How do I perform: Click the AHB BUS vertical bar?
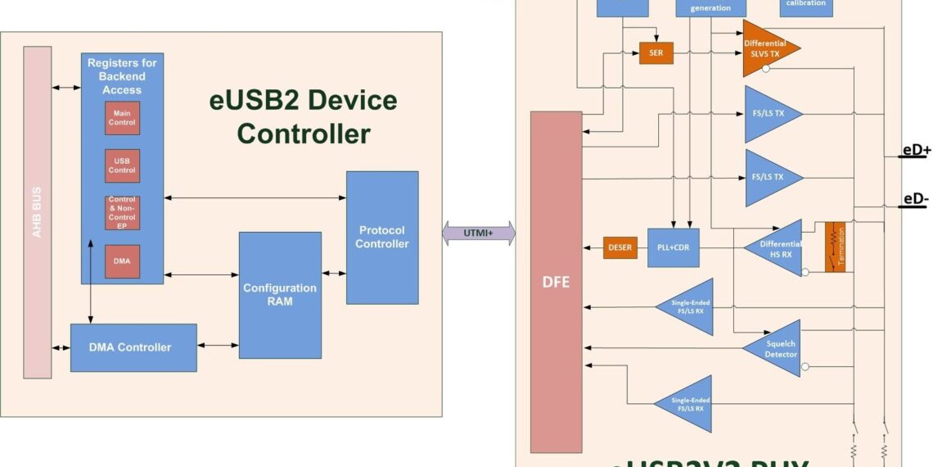click(37, 212)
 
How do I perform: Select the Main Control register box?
click(122, 118)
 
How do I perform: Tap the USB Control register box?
click(122, 165)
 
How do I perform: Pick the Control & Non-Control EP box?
click(122, 213)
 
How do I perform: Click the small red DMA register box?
click(122, 261)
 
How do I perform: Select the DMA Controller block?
click(133, 347)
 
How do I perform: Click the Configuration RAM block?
click(279, 295)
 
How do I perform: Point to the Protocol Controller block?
click(381, 237)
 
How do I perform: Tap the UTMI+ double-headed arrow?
click(479, 233)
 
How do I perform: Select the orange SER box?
click(656, 53)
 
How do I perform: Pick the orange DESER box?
click(620, 247)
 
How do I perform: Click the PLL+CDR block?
click(673, 247)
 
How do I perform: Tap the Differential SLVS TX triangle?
click(766, 48)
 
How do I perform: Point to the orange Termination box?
click(834, 246)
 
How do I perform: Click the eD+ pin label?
click(915, 150)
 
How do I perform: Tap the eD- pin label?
click(915, 199)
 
